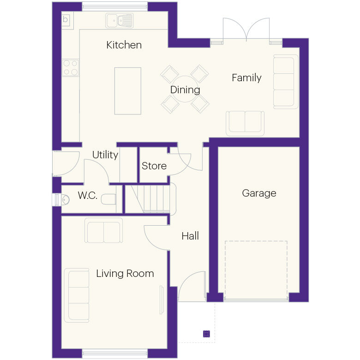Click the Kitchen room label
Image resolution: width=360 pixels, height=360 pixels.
coord(124,45)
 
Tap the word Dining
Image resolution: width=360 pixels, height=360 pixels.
coord(185,90)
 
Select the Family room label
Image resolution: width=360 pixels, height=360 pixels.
coord(246,78)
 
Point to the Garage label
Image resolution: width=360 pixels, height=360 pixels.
coord(259,193)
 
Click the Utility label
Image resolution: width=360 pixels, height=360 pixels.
coord(105,155)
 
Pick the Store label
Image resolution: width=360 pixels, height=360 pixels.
coord(154,166)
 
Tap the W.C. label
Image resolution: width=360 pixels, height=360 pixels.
coord(87,196)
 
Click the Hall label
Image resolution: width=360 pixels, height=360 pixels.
coord(190,236)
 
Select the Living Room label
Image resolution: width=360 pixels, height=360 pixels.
coord(125,273)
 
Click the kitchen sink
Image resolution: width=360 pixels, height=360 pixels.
coord(119,20)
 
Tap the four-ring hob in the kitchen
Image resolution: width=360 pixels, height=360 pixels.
coord(71,67)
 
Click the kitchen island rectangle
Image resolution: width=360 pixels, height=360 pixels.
coord(127,90)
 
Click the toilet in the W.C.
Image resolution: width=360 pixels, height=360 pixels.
coord(108,199)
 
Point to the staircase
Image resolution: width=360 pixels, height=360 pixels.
coord(151,198)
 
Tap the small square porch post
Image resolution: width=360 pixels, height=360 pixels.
coord(206,333)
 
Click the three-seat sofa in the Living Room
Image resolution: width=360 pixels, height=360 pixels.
coord(78,295)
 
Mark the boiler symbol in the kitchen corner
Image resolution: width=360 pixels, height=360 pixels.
coord(66,19)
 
